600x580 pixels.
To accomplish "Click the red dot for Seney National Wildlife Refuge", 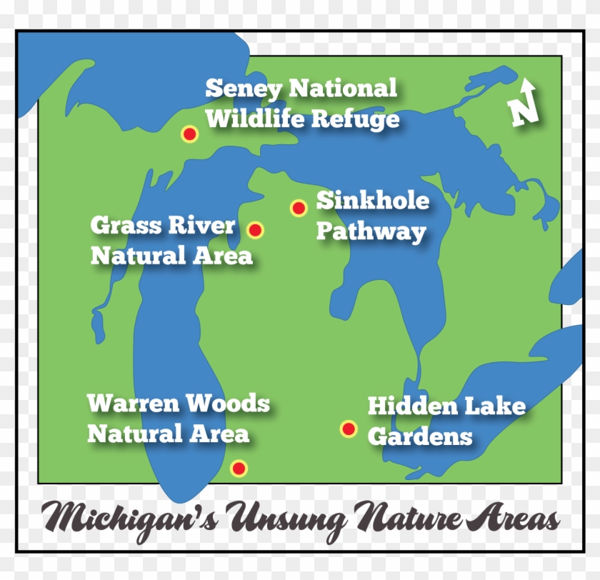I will (189, 134).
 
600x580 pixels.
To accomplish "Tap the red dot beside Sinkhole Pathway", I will (299, 208).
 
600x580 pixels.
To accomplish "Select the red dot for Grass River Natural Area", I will (255, 230).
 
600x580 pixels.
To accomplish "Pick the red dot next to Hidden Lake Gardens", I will (349, 429).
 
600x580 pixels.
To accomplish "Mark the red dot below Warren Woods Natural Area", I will (239, 469).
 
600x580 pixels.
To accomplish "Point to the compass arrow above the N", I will (528, 88).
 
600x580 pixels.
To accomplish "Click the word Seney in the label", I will (244, 89).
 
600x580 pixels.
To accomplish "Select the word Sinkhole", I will (373, 201).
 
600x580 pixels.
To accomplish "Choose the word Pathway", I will (371, 231).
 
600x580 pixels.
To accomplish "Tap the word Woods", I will (227, 403).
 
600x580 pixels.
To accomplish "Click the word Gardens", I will (420, 436).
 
